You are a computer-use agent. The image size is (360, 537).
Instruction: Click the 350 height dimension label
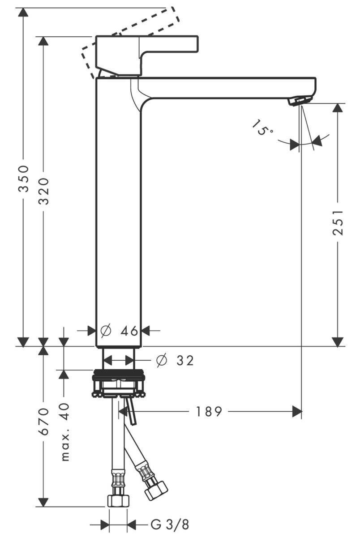24,179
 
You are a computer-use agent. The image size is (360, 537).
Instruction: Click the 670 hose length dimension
43,422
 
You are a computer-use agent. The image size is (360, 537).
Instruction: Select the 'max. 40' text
65,432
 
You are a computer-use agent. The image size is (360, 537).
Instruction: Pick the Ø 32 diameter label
175,361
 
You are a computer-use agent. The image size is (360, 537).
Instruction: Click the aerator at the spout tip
299,100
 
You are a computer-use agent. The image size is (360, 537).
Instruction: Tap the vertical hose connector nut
118,500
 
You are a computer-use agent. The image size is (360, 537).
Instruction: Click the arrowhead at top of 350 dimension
23,12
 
